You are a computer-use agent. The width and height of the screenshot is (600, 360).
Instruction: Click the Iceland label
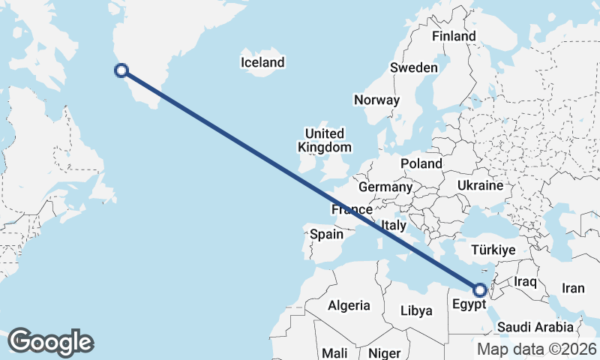pyautogui.click(x=262, y=62)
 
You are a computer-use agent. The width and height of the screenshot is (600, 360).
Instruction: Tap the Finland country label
pyautogui.click(x=454, y=36)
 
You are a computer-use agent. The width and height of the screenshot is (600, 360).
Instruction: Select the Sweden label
pyautogui.click(x=413, y=67)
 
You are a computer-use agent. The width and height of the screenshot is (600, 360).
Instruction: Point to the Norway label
pyautogui.click(x=376, y=100)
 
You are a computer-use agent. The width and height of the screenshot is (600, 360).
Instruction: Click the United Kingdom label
pyautogui.click(x=324, y=139)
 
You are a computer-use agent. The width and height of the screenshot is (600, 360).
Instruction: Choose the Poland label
pyautogui.click(x=421, y=163)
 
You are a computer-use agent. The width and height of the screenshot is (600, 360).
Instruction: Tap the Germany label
pyautogui.click(x=385, y=187)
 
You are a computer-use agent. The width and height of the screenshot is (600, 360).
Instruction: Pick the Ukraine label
pyautogui.click(x=480, y=184)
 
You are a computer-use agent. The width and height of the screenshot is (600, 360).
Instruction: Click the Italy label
pyautogui.click(x=394, y=225)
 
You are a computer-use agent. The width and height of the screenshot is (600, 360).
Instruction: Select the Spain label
pyautogui.click(x=327, y=234)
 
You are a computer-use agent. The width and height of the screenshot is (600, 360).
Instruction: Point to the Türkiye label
pyautogui.click(x=493, y=250)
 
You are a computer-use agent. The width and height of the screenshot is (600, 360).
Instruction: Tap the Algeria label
pyautogui.click(x=349, y=305)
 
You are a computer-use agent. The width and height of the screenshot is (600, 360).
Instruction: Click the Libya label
pyautogui.click(x=417, y=310)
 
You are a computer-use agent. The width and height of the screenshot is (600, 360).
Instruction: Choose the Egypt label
pyautogui.click(x=469, y=305)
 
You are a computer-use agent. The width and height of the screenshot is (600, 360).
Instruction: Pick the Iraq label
pyautogui.click(x=526, y=281)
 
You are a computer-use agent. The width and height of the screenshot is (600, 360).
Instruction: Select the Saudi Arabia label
pyautogui.click(x=535, y=327)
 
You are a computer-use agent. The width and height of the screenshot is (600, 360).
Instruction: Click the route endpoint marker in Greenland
pyautogui.click(x=121, y=71)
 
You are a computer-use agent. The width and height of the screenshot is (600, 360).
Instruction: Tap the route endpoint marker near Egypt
pyautogui.click(x=480, y=289)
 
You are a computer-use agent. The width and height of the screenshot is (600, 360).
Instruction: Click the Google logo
pyautogui.click(x=50, y=341)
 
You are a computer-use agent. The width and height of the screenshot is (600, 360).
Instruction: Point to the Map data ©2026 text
pyautogui.click(x=537, y=349)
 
